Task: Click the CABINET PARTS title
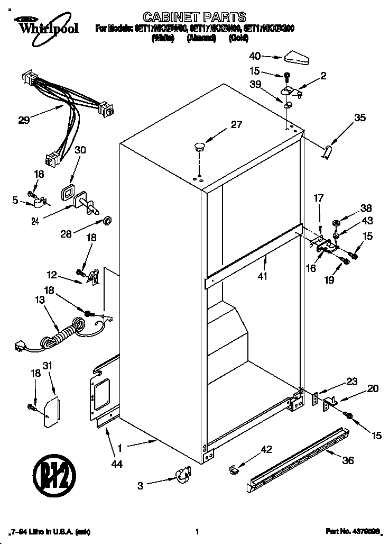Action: click(x=196, y=17)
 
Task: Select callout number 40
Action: click(x=255, y=56)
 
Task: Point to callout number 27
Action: click(x=236, y=125)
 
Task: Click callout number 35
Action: click(x=359, y=118)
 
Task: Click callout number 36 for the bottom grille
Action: click(x=347, y=460)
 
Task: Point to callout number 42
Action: click(x=266, y=449)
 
